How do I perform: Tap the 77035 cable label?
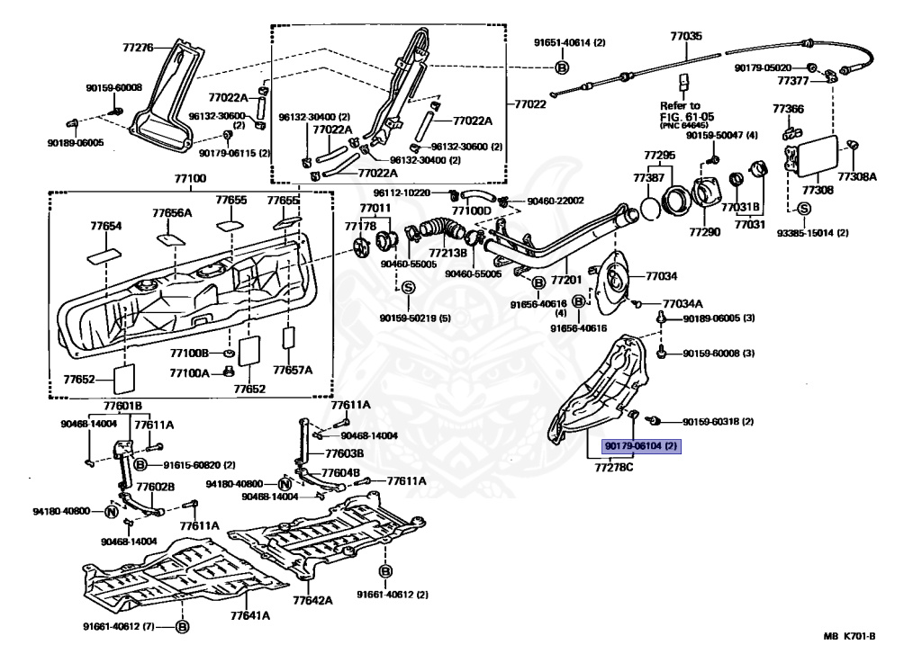click(x=684, y=38)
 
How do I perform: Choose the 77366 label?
click(x=788, y=109)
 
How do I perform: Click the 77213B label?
click(x=447, y=254)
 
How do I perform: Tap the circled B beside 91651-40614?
click(x=562, y=67)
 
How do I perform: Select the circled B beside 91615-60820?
click(x=141, y=464)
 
